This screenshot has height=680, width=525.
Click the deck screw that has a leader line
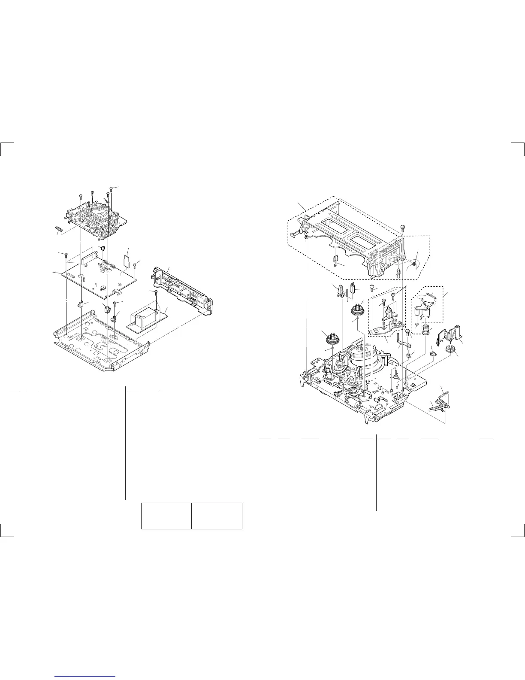coord(111,189)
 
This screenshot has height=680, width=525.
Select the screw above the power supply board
coord(155,293)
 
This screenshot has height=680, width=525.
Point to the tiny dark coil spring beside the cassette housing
coord(414,265)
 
